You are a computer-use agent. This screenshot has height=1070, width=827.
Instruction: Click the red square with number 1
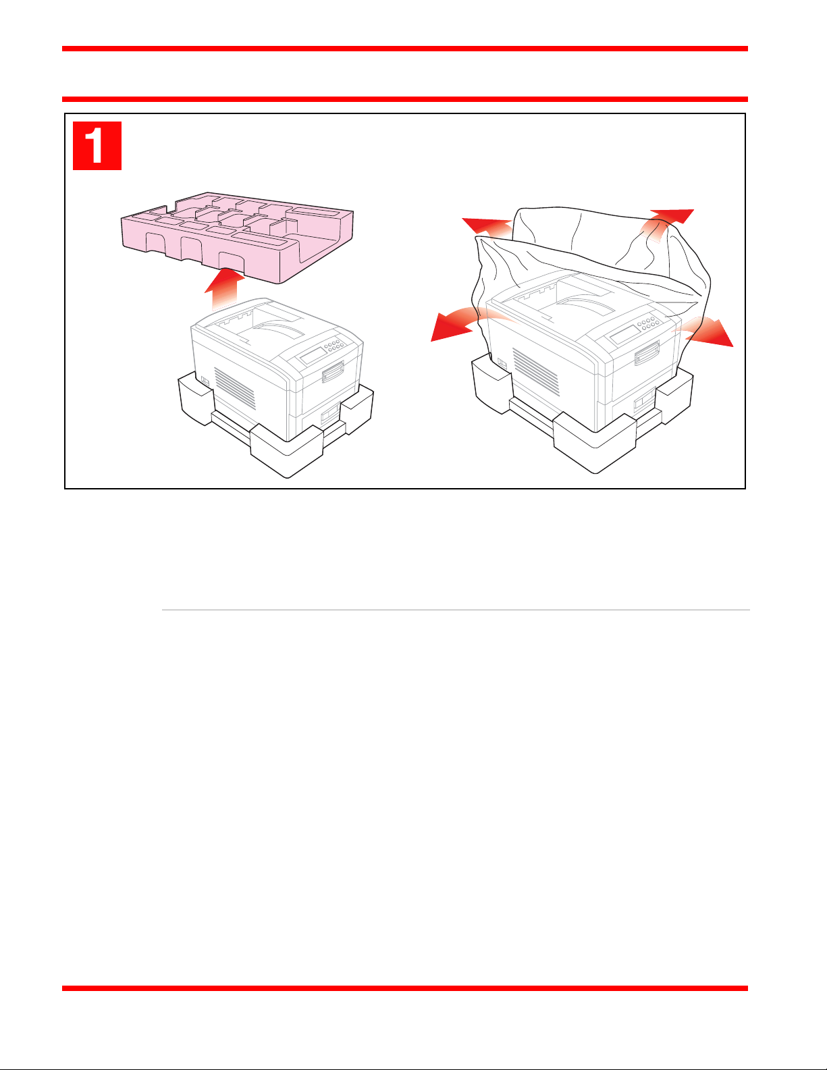(x=97, y=146)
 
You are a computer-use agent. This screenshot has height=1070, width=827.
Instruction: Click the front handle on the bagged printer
(x=647, y=354)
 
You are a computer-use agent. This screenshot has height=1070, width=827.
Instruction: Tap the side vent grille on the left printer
(x=234, y=387)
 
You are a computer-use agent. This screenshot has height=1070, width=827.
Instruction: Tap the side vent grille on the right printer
(x=535, y=371)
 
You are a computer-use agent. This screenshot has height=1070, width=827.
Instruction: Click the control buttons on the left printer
(x=334, y=344)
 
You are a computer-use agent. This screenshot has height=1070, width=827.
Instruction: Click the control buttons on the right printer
(x=648, y=323)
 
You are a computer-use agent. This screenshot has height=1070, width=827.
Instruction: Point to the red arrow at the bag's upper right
(x=667, y=224)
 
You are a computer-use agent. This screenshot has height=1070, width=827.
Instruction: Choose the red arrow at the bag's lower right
(x=705, y=332)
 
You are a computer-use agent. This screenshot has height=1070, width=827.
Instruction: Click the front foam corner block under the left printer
(x=286, y=450)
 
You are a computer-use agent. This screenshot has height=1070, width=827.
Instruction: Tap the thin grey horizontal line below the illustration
(x=456, y=610)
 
